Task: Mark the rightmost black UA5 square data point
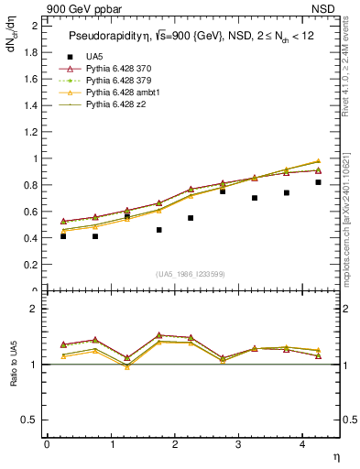pyautogui.click(x=318, y=182)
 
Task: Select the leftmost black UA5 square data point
pyautogui.click(x=63, y=236)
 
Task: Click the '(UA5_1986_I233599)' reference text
pyautogui.click(x=190, y=274)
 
